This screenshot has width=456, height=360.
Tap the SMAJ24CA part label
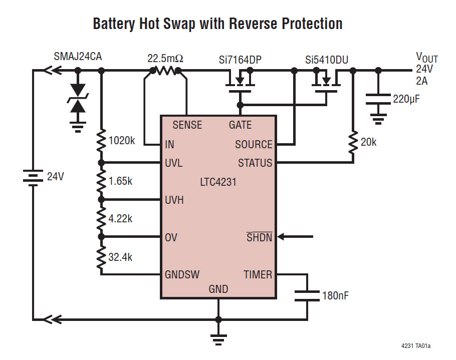78,56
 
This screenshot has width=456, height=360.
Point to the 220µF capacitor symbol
378,99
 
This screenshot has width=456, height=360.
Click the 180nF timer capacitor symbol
307,295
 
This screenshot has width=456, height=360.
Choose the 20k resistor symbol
353,142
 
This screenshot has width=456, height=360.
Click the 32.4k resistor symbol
101,256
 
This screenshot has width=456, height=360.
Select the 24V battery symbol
33,177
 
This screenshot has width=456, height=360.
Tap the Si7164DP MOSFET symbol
240,80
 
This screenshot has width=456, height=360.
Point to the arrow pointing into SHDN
295,237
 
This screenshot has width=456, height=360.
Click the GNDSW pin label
182,274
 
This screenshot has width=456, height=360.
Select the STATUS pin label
255,163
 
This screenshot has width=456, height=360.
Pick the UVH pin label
174,200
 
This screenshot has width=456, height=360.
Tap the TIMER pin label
258,274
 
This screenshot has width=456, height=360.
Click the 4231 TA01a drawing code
415,346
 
